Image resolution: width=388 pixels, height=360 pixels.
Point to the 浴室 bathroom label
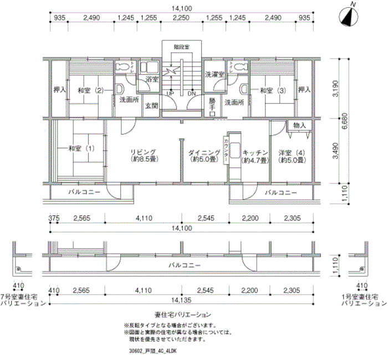(x=151, y=80)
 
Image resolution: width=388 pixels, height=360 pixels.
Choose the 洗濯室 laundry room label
(x=215, y=74)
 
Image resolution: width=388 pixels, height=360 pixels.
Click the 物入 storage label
(x=299, y=126)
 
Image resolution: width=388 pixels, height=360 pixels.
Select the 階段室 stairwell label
(x=181, y=48)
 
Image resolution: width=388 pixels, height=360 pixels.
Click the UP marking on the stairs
(x=171, y=93)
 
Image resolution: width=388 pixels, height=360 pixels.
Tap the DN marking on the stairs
(x=191, y=93)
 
